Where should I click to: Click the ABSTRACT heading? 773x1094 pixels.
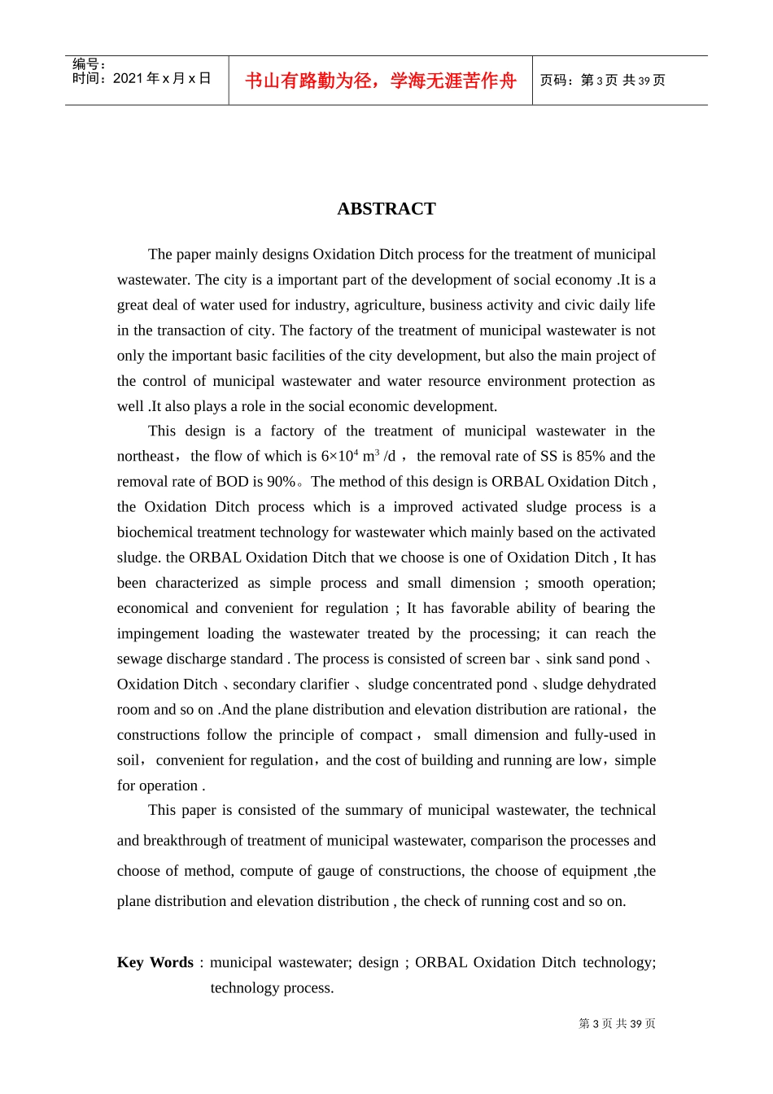point(386,209)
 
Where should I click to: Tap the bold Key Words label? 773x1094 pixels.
point(155,962)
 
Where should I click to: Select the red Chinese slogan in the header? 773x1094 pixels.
point(381,81)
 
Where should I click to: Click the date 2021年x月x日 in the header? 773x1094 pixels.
point(162,79)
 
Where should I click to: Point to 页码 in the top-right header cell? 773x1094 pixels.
point(554,81)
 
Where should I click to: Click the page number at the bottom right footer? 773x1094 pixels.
point(617,1024)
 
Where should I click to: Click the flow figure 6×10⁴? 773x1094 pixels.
point(339,457)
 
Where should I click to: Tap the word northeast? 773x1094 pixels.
point(146,457)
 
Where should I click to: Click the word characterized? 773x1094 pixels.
point(196,583)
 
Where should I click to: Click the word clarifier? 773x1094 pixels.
point(321,685)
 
